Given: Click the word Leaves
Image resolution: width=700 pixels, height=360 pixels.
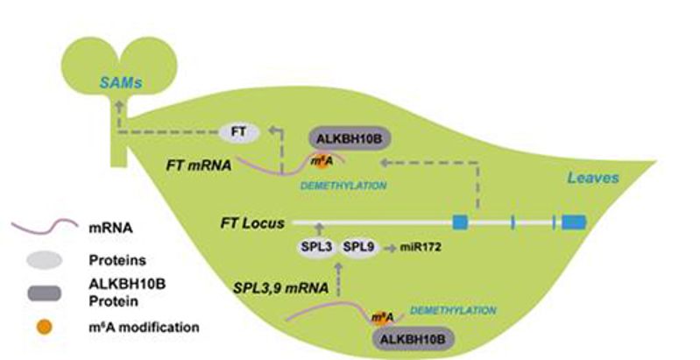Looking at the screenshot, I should (x=593, y=178).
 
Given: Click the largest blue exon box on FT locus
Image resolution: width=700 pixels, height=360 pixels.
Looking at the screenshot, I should (x=574, y=222).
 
